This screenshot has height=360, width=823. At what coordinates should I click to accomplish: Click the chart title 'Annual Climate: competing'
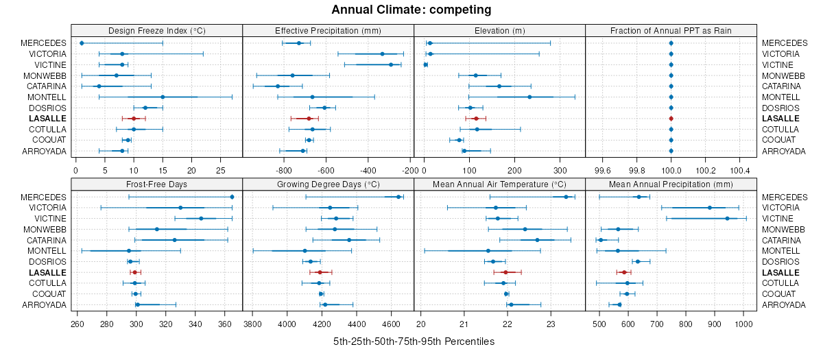point(411,10)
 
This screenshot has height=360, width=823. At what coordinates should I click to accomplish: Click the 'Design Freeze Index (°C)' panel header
point(157,30)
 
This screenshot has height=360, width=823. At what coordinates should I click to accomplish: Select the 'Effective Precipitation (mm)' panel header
point(328,30)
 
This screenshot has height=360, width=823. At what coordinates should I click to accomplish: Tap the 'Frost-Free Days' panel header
point(157,184)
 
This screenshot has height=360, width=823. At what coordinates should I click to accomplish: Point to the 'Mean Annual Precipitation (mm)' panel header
point(671,184)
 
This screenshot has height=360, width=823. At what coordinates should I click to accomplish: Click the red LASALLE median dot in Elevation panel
point(476,119)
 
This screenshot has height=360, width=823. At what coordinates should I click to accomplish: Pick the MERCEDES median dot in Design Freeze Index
point(82,43)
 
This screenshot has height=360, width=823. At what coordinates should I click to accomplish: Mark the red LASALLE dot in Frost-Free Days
point(136,272)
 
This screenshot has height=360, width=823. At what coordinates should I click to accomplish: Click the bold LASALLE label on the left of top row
point(48,119)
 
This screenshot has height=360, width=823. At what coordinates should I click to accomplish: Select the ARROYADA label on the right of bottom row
point(784,304)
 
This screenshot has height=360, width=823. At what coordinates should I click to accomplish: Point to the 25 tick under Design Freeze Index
point(220,169)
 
